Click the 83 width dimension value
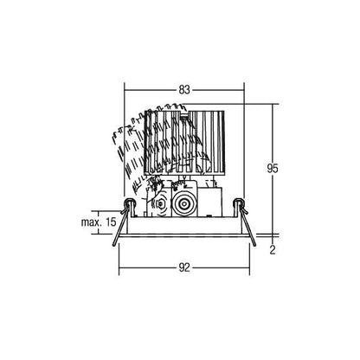(184, 90)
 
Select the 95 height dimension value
(273, 169)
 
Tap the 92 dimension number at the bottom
(184, 268)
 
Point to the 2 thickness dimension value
(273, 250)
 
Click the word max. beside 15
(90, 222)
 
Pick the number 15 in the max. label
(111, 222)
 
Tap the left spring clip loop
(129, 203)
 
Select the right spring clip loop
(239, 203)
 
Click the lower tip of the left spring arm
(114, 245)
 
